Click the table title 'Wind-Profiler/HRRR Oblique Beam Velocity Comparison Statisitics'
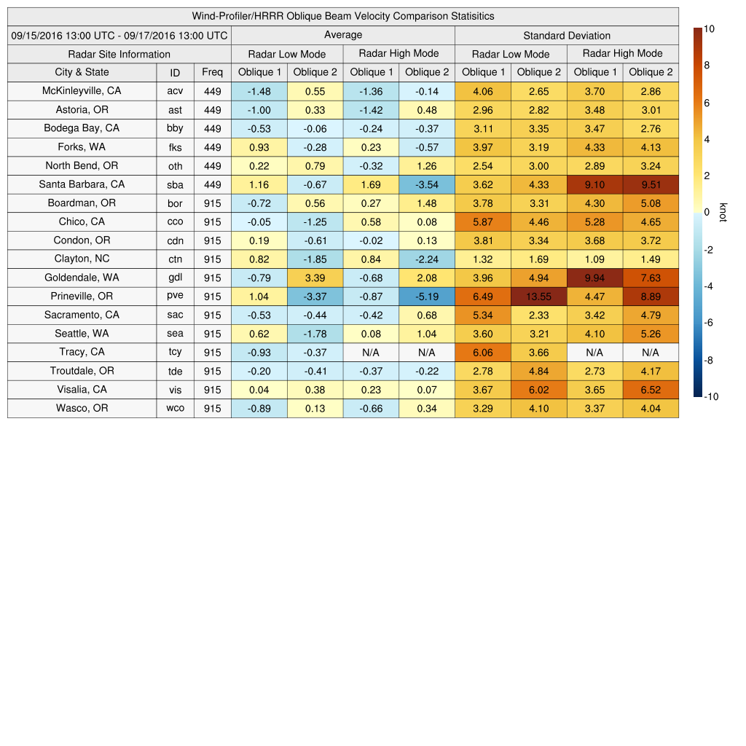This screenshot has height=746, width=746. pyautogui.click(x=343, y=16)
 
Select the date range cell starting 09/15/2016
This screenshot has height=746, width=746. pyautogui.click(x=119, y=35)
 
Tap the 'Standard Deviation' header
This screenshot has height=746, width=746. pyautogui.click(x=567, y=36)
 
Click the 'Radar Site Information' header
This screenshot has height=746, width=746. pyautogui.click(x=119, y=54)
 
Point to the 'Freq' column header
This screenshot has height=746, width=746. pyautogui.click(x=212, y=72)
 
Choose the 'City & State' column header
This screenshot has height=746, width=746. pyautogui.click(x=82, y=72)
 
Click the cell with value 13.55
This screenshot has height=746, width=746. pyautogui.click(x=539, y=297)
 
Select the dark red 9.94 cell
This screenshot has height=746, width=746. pyautogui.click(x=595, y=278)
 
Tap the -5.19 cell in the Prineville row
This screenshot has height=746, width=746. pyautogui.click(x=427, y=297)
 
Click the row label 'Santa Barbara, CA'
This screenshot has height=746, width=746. pyautogui.click(x=82, y=184)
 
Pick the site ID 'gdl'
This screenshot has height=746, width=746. pyautogui.click(x=175, y=278)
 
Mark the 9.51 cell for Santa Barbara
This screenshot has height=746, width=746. pyautogui.click(x=651, y=184)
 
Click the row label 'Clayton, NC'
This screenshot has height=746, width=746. pyautogui.click(x=82, y=259)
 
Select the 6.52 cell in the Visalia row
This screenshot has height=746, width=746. pyautogui.click(x=651, y=390)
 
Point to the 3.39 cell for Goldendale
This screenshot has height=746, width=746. pyautogui.click(x=315, y=278)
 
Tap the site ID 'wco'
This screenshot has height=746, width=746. pyautogui.click(x=175, y=409)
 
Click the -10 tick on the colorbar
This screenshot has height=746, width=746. pyautogui.click(x=712, y=397)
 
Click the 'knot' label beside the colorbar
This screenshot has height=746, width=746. pyautogui.click(x=723, y=212)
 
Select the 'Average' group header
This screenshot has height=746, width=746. pyautogui.click(x=342, y=35)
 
